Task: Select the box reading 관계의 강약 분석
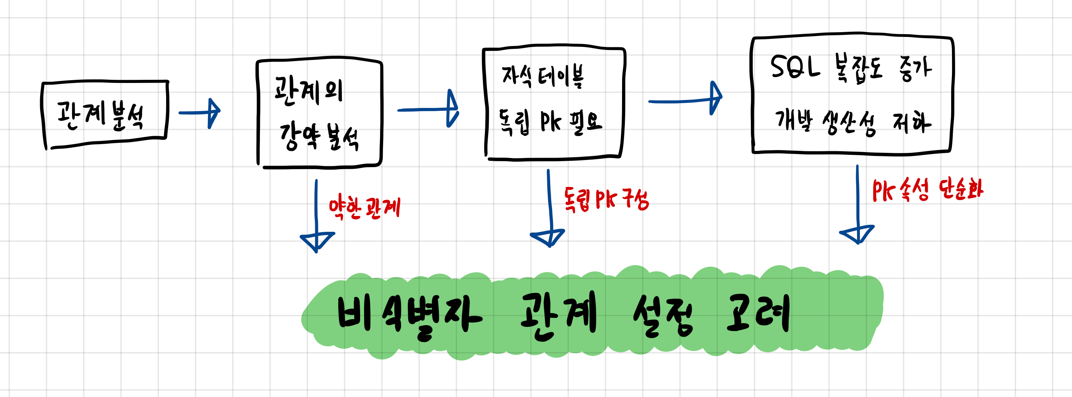319,114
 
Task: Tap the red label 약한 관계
364,208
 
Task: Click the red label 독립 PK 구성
606,199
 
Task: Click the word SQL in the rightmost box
795,67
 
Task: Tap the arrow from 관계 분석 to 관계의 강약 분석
200,112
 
